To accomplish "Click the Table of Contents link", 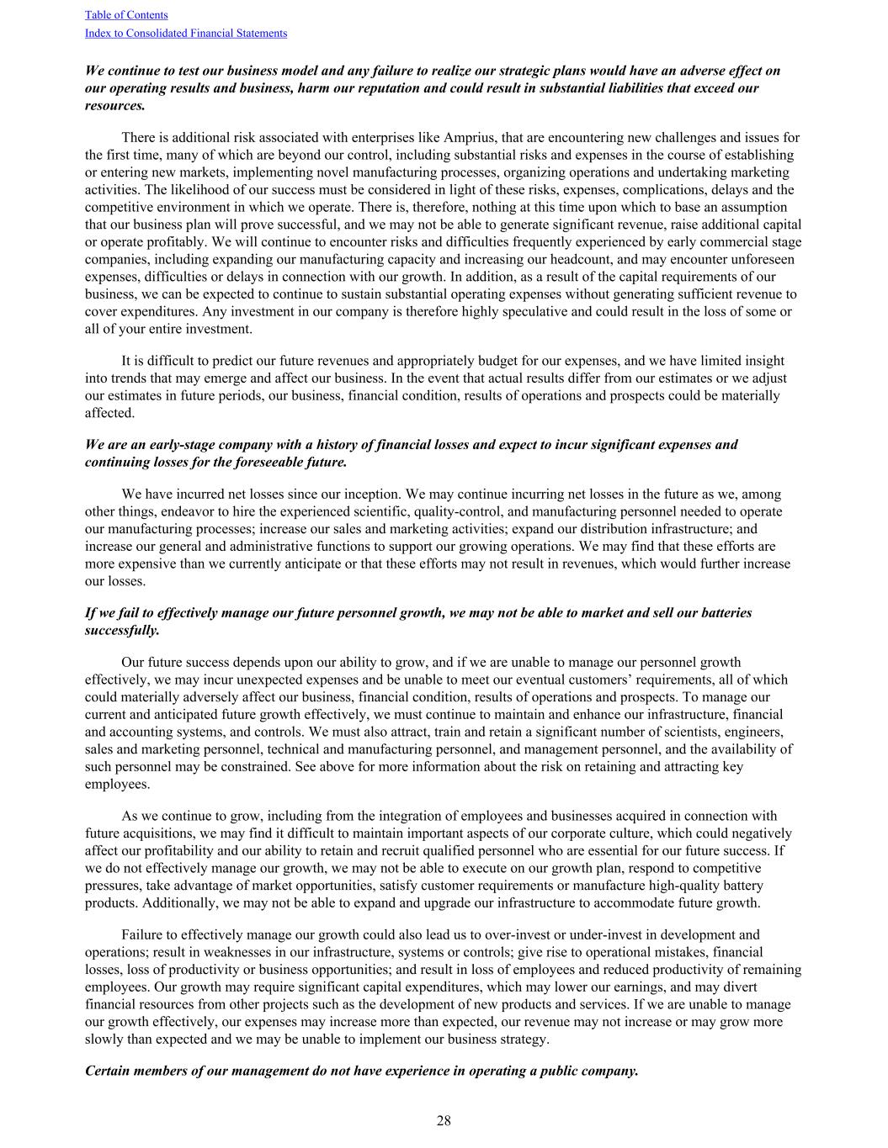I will [126, 15].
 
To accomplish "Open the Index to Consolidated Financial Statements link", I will [186, 34].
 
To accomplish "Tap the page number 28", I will [444, 1120].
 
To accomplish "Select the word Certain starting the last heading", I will [109, 1071].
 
